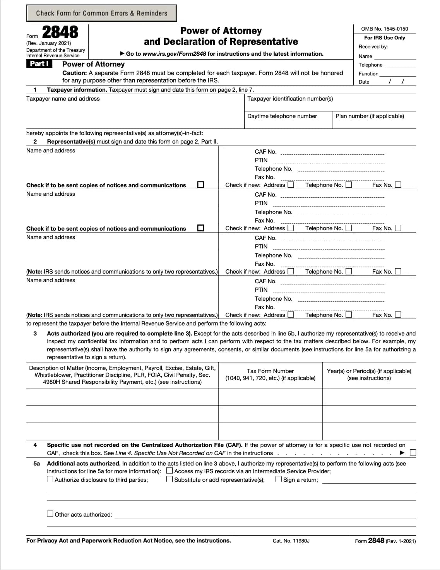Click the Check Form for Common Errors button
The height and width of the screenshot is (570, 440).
[101, 13]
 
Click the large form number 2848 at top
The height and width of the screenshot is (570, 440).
[60, 32]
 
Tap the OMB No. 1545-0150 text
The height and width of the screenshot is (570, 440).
[384, 29]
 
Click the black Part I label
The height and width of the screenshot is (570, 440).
[39, 64]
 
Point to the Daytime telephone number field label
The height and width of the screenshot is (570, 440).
[282, 116]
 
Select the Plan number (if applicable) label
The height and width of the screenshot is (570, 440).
[370, 116]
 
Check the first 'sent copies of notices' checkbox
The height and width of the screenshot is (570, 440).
[200, 185]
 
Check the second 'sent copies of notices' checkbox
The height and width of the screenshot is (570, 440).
[200, 228]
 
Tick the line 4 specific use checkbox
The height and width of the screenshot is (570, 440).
[413, 452]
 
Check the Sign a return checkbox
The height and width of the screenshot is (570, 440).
[279, 479]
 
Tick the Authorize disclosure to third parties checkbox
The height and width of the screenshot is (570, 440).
[50, 479]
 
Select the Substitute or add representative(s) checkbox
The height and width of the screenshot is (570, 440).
[169, 479]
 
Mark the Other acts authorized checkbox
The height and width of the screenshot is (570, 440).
[50, 514]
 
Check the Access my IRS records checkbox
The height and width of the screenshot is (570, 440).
[169, 471]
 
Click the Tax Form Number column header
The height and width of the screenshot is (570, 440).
[270, 374]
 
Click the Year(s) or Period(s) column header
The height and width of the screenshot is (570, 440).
[369, 374]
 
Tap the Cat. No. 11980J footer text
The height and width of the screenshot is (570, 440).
[291, 541]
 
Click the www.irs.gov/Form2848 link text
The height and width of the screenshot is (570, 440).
[174, 54]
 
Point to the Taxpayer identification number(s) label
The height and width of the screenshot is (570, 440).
[290, 99]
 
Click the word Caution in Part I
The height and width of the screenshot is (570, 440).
[74, 73]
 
